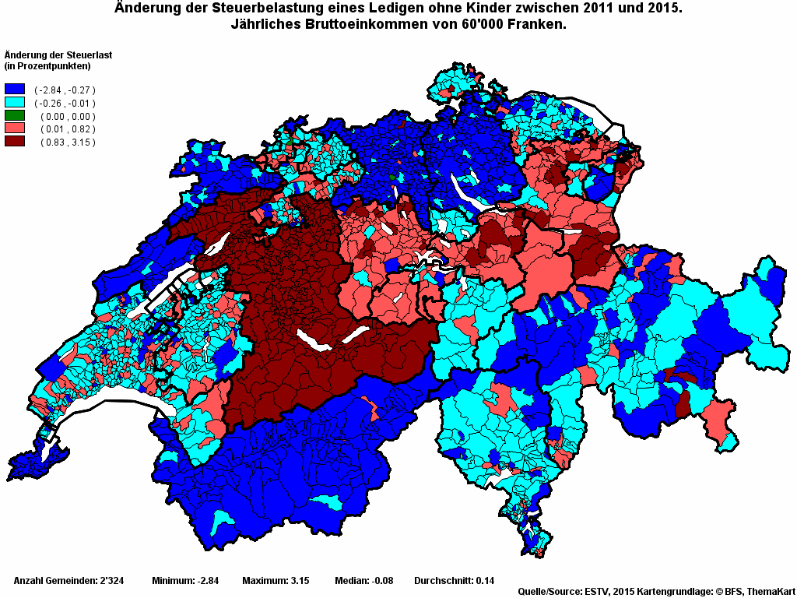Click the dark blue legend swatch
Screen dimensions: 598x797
pos(15,90)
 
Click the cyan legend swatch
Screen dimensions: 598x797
pos(15,103)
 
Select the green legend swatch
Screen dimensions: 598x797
pos(15,116)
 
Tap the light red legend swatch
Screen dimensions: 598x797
pos(15,128)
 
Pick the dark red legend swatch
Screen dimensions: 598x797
pos(15,142)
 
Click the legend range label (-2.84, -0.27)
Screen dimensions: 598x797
pos(65,90)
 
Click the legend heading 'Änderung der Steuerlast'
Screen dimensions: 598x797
pos(55,55)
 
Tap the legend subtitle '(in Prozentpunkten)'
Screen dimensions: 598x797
pos(47,65)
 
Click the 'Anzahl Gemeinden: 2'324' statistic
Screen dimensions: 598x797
pos(66,581)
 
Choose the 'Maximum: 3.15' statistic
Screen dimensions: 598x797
pos(276,581)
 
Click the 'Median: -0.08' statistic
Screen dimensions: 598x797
pos(365,581)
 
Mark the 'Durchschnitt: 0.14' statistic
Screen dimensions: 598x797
pos(454,581)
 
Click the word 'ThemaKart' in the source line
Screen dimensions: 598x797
pos(770,592)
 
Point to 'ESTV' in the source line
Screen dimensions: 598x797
pos(598,592)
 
